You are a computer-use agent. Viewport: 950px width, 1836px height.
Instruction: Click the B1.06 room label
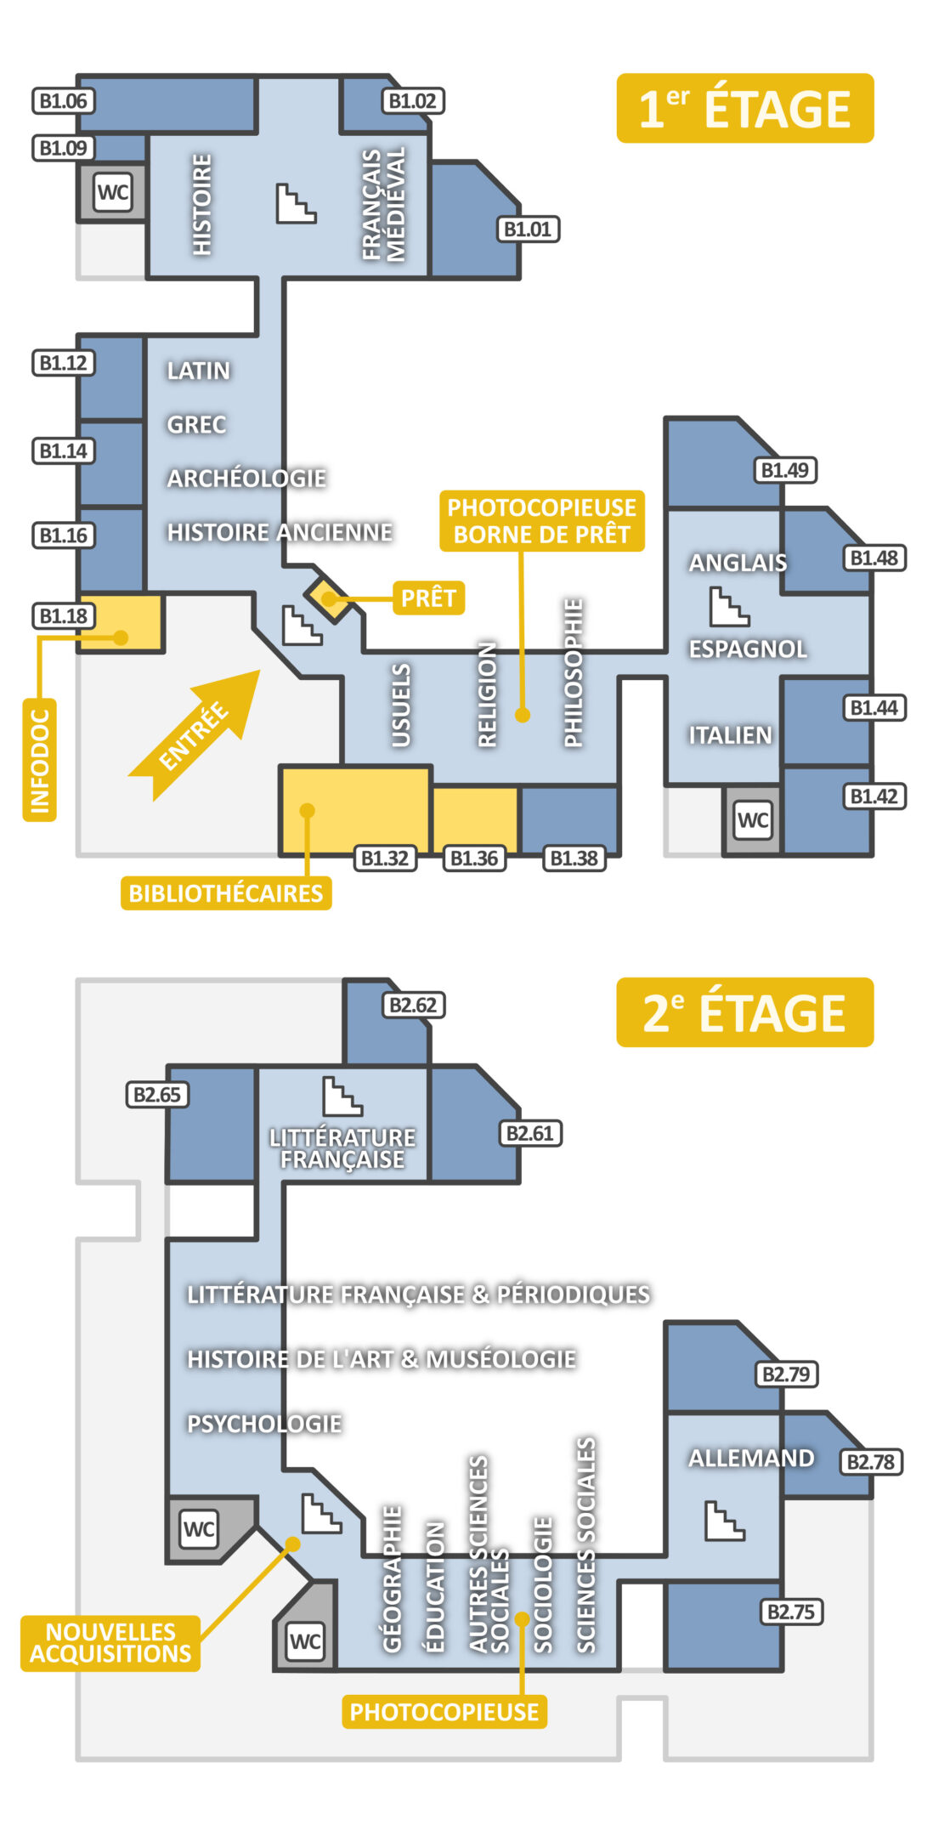coord(63,101)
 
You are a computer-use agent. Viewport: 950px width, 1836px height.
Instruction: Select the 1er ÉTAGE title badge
coord(744,108)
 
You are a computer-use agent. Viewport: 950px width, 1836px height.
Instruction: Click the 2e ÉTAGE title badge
coord(744,1011)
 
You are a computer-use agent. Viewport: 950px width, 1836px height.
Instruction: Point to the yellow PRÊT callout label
coord(428,598)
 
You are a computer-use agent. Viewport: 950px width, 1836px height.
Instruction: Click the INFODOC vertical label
coord(39,760)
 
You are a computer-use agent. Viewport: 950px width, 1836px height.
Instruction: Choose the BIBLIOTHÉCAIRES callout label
coord(225,892)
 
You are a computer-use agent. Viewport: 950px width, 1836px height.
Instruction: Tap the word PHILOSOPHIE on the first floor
coord(574,672)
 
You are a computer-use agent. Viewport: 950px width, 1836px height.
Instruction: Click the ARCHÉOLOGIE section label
coord(246,478)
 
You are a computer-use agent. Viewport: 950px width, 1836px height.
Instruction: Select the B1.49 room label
coord(785,470)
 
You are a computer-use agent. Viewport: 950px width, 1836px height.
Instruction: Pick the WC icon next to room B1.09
coord(112,192)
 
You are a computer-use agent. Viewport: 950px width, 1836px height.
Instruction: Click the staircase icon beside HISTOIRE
coord(296,204)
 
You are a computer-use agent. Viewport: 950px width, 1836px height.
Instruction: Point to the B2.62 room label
coord(413,1005)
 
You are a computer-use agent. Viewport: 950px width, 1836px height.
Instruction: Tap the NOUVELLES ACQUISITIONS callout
coord(110,1642)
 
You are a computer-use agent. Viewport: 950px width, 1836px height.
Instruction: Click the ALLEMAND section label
coord(751,1458)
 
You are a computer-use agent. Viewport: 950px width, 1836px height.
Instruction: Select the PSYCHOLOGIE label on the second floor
coord(264,1423)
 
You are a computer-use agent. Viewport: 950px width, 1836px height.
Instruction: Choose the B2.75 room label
coord(790,1612)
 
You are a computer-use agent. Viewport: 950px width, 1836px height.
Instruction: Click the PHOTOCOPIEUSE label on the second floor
coord(444,1711)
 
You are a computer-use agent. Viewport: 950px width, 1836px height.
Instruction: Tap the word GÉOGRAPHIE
coord(392,1578)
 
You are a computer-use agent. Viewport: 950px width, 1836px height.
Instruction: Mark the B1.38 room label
coord(574,858)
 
